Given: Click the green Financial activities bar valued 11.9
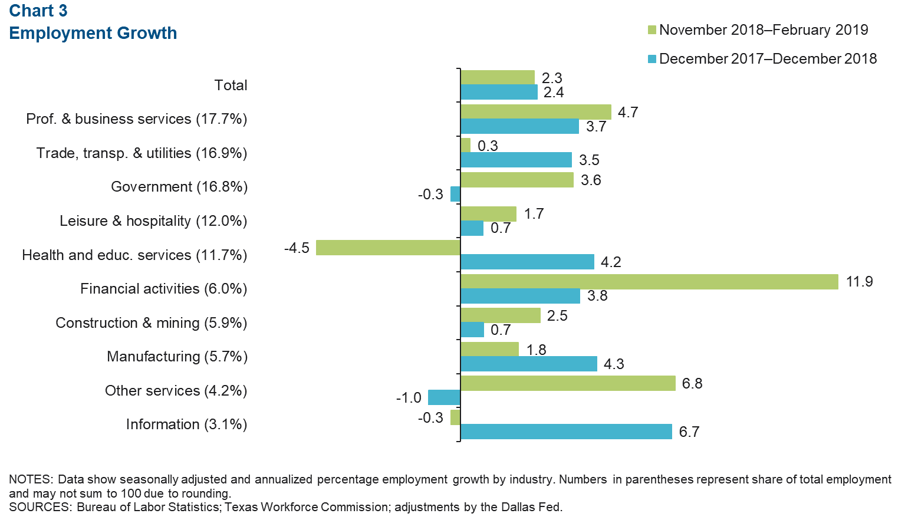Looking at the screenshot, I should [x=649, y=282].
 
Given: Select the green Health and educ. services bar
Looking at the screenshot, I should [x=388, y=248].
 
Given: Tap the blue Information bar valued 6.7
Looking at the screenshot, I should [x=566, y=432].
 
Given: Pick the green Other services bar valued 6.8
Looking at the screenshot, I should [x=567, y=383].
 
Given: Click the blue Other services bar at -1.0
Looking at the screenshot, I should [x=444, y=397].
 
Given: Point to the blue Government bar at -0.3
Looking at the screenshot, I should [x=455, y=194].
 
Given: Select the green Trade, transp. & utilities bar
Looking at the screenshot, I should [x=465, y=145].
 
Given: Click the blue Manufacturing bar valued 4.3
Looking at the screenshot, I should [x=528, y=364].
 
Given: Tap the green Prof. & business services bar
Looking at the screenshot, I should [x=535, y=112].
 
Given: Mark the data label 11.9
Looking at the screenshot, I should [x=859, y=282].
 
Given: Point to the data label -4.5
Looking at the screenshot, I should [x=297, y=248].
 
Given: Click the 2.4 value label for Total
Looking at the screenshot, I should [x=553, y=93].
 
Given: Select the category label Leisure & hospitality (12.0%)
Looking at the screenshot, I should [x=153, y=221].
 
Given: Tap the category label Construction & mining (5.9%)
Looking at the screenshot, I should [x=151, y=323].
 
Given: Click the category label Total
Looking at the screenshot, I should [x=231, y=85].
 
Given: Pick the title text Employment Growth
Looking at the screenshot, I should [x=93, y=33].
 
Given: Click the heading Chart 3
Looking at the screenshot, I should [x=38, y=11].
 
